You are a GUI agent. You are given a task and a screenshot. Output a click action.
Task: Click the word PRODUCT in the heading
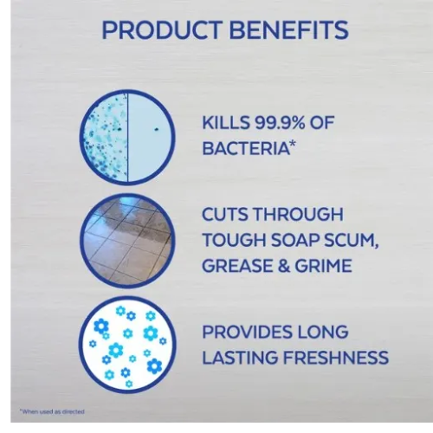162,29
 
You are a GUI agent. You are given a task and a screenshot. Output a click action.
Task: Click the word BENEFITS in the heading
289,29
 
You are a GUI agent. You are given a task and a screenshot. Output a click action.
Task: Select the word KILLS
225,122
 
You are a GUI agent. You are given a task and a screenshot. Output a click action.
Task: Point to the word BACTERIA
246,148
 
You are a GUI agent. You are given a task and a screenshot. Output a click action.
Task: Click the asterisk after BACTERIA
293,145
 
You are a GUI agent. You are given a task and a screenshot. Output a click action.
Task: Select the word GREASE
236,266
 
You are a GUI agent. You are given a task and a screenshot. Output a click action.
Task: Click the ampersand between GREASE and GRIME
282,266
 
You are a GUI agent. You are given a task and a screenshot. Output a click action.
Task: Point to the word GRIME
323,266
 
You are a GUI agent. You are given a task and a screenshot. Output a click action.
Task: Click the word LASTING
240,358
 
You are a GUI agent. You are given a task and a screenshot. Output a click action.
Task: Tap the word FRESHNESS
336,358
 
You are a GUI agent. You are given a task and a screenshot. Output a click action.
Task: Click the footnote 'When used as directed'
52,411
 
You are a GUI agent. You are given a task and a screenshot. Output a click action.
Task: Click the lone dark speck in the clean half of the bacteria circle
157,129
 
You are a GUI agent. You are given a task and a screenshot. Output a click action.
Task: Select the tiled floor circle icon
127,241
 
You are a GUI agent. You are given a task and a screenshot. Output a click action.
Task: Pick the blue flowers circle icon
127,345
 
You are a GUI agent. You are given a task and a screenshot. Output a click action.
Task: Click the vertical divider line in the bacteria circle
127,137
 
